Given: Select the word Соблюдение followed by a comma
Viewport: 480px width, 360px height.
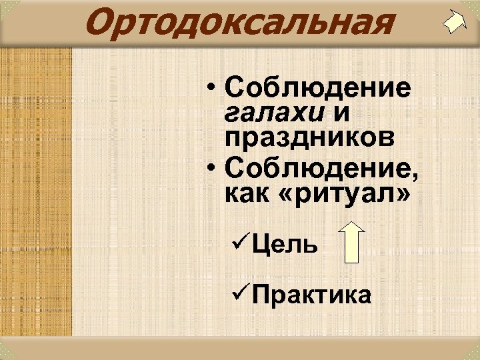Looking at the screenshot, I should (317, 168).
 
